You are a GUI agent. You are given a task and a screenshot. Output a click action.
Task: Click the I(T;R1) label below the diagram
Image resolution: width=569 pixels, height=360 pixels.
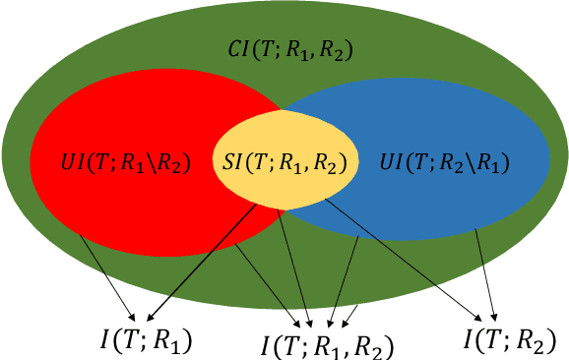tap(145, 340)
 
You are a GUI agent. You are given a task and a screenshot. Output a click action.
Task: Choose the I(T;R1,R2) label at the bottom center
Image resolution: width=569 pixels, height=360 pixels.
tap(327, 345)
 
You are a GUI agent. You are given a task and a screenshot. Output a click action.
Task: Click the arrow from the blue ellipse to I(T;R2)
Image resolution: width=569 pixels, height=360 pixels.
tap(483, 275)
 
